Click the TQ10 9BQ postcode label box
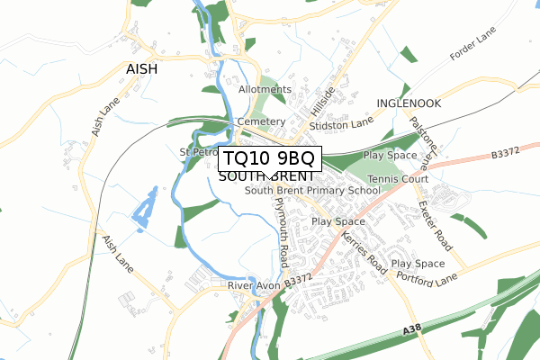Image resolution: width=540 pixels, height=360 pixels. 269,158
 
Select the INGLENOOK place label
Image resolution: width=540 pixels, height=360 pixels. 409,103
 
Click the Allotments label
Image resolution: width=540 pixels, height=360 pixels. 265,90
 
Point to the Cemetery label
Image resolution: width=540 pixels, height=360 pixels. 260,121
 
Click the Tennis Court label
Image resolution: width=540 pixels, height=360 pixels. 404,179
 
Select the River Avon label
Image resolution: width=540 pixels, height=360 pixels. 254,285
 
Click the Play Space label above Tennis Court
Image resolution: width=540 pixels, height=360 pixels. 390,156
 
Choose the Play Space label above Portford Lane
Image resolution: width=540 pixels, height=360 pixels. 418,264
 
